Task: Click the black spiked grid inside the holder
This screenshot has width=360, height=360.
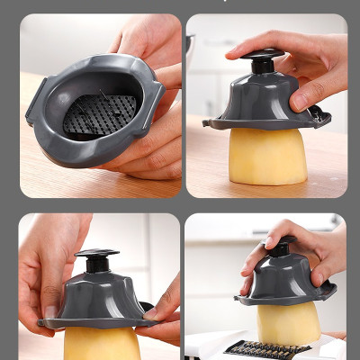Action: click(x=99, y=114)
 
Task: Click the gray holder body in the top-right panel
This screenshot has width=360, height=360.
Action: click(x=261, y=99)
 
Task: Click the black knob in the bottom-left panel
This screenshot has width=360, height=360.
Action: click(x=97, y=261)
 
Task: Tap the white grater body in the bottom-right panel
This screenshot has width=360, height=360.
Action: click(x=207, y=346)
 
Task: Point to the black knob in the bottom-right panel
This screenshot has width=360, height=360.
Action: click(x=279, y=245)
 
